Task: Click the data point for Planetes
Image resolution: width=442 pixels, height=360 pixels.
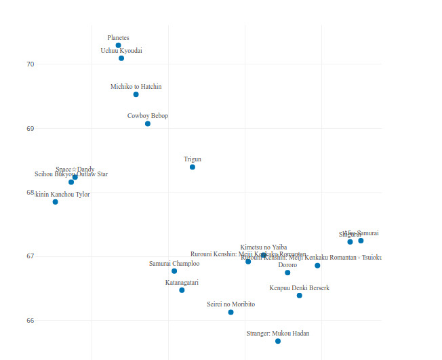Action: point(118,45)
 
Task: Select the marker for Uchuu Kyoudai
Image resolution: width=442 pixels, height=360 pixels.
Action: point(121,58)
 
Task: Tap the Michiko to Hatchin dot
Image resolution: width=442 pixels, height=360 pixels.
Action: point(136,94)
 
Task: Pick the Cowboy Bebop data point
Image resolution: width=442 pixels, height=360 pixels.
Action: point(148,123)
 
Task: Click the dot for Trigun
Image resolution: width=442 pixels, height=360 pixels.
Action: point(193,167)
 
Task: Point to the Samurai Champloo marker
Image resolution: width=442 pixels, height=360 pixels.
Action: point(174,271)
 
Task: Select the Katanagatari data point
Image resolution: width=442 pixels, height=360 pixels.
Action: point(182,290)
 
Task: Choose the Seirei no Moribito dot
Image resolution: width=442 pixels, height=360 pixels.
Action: point(231,312)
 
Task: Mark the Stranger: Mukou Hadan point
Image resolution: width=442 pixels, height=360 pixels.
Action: point(278,341)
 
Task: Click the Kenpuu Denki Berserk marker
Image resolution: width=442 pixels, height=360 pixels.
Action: point(300,296)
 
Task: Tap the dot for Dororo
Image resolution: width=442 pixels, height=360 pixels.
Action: point(287,273)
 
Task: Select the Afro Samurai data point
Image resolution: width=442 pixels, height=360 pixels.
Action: point(361,241)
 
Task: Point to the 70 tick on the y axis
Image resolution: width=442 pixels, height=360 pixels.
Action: point(30,64)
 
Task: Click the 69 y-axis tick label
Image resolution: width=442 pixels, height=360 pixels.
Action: point(30,128)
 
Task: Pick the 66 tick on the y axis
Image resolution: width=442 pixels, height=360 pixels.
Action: point(30,320)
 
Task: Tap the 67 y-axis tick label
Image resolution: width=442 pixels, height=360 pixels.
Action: point(30,256)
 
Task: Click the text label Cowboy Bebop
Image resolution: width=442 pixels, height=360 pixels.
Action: point(148,116)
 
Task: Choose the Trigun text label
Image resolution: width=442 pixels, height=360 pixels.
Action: point(193,159)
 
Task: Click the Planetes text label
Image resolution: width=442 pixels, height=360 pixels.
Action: point(118,38)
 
